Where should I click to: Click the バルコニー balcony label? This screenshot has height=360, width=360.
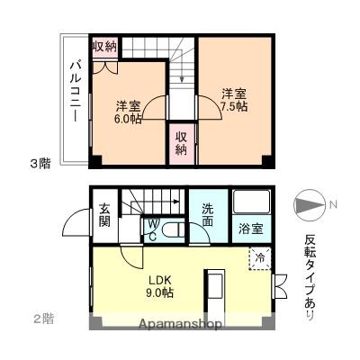76,92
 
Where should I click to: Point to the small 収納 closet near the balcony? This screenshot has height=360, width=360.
104,47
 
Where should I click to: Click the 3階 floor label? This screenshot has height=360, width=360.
40,163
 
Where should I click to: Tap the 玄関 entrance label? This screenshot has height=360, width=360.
104,216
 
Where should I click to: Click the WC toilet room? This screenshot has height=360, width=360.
154,230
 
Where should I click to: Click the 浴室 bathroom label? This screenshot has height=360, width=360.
251,229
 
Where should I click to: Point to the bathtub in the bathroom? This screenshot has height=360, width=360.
251,202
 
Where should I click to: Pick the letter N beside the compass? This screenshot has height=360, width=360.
333,206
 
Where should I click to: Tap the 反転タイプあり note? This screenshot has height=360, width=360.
310,271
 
